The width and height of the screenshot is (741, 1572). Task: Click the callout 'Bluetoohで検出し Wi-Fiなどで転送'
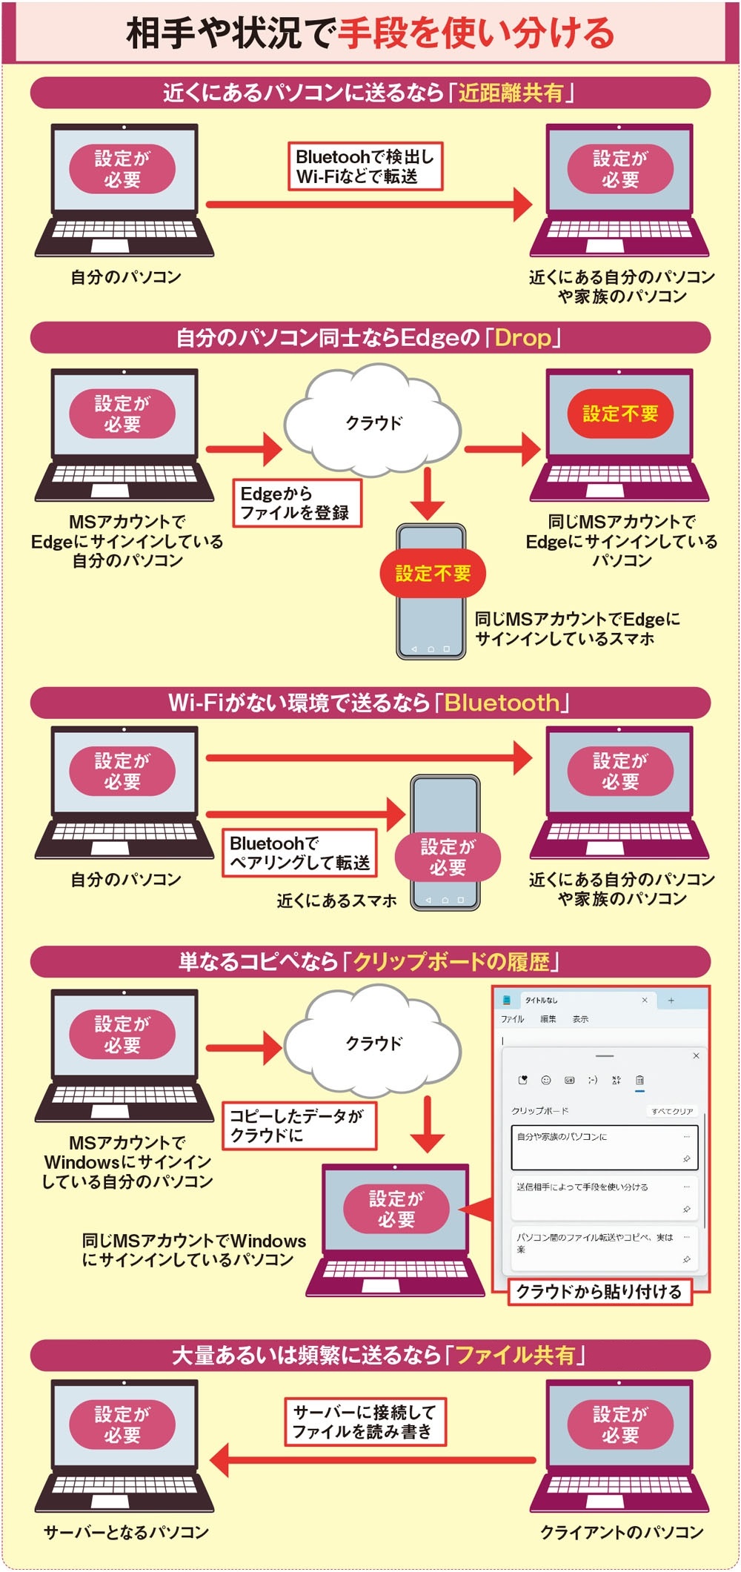tap(365, 167)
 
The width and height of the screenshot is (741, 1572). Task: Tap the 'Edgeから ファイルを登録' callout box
tap(297, 503)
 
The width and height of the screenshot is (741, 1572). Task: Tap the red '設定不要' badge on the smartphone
tap(433, 573)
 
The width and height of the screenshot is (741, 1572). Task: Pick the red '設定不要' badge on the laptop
tap(620, 414)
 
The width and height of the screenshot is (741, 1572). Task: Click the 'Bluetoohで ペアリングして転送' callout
tap(299, 853)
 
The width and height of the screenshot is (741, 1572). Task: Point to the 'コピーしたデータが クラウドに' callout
tap(299, 1125)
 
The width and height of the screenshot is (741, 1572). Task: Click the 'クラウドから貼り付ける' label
tap(599, 1291)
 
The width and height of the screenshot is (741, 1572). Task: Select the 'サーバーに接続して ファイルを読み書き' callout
tap(365, 1421)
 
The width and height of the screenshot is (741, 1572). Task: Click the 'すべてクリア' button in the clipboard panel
tap(672, 1111)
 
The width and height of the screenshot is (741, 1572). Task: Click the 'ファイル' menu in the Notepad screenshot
tap(512, 1019)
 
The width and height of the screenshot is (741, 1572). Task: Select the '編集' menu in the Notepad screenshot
tap(548, 1019)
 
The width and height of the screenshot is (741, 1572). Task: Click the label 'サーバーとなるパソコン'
tap(126, 1532)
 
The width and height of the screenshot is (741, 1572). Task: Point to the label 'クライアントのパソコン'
tap(622, 1532)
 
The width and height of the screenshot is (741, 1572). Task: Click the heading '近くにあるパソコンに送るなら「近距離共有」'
tap(370, 93)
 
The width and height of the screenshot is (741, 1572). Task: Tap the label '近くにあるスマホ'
tap(336, 901)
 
